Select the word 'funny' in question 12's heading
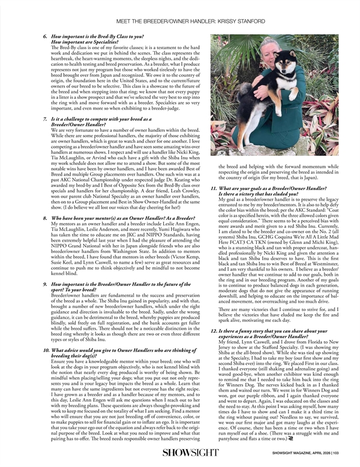point(245,330)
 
